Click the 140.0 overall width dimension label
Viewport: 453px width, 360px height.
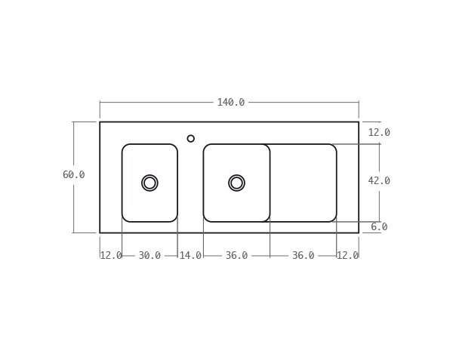point(230,103)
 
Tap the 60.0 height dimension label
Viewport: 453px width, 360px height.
point(73,175)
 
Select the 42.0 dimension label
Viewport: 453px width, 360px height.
point(379,181)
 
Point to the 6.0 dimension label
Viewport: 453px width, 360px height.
point(379,227)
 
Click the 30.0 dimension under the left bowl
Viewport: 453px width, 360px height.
point(149,256)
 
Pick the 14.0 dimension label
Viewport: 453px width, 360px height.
point(190,256)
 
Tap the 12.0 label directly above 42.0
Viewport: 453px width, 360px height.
point(379,133)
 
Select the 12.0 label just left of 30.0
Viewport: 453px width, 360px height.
point(111,256)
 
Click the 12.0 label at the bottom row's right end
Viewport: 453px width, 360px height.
point(347,256)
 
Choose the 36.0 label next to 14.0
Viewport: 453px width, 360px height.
point(236,256)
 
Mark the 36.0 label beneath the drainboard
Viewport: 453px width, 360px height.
point(303,256)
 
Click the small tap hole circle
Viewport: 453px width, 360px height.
point(191,139)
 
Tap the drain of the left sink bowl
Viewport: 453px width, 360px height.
point(149,183)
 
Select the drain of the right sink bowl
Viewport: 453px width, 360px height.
point(236,183)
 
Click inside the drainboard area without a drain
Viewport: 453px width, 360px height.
point(303,183)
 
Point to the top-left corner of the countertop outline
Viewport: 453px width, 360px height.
point(100,122)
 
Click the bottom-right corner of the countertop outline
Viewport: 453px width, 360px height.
point(359,232)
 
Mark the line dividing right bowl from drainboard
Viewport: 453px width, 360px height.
point(270,183)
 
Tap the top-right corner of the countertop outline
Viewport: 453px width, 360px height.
point(359,122)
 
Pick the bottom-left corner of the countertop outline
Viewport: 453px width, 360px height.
point(100,232)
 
